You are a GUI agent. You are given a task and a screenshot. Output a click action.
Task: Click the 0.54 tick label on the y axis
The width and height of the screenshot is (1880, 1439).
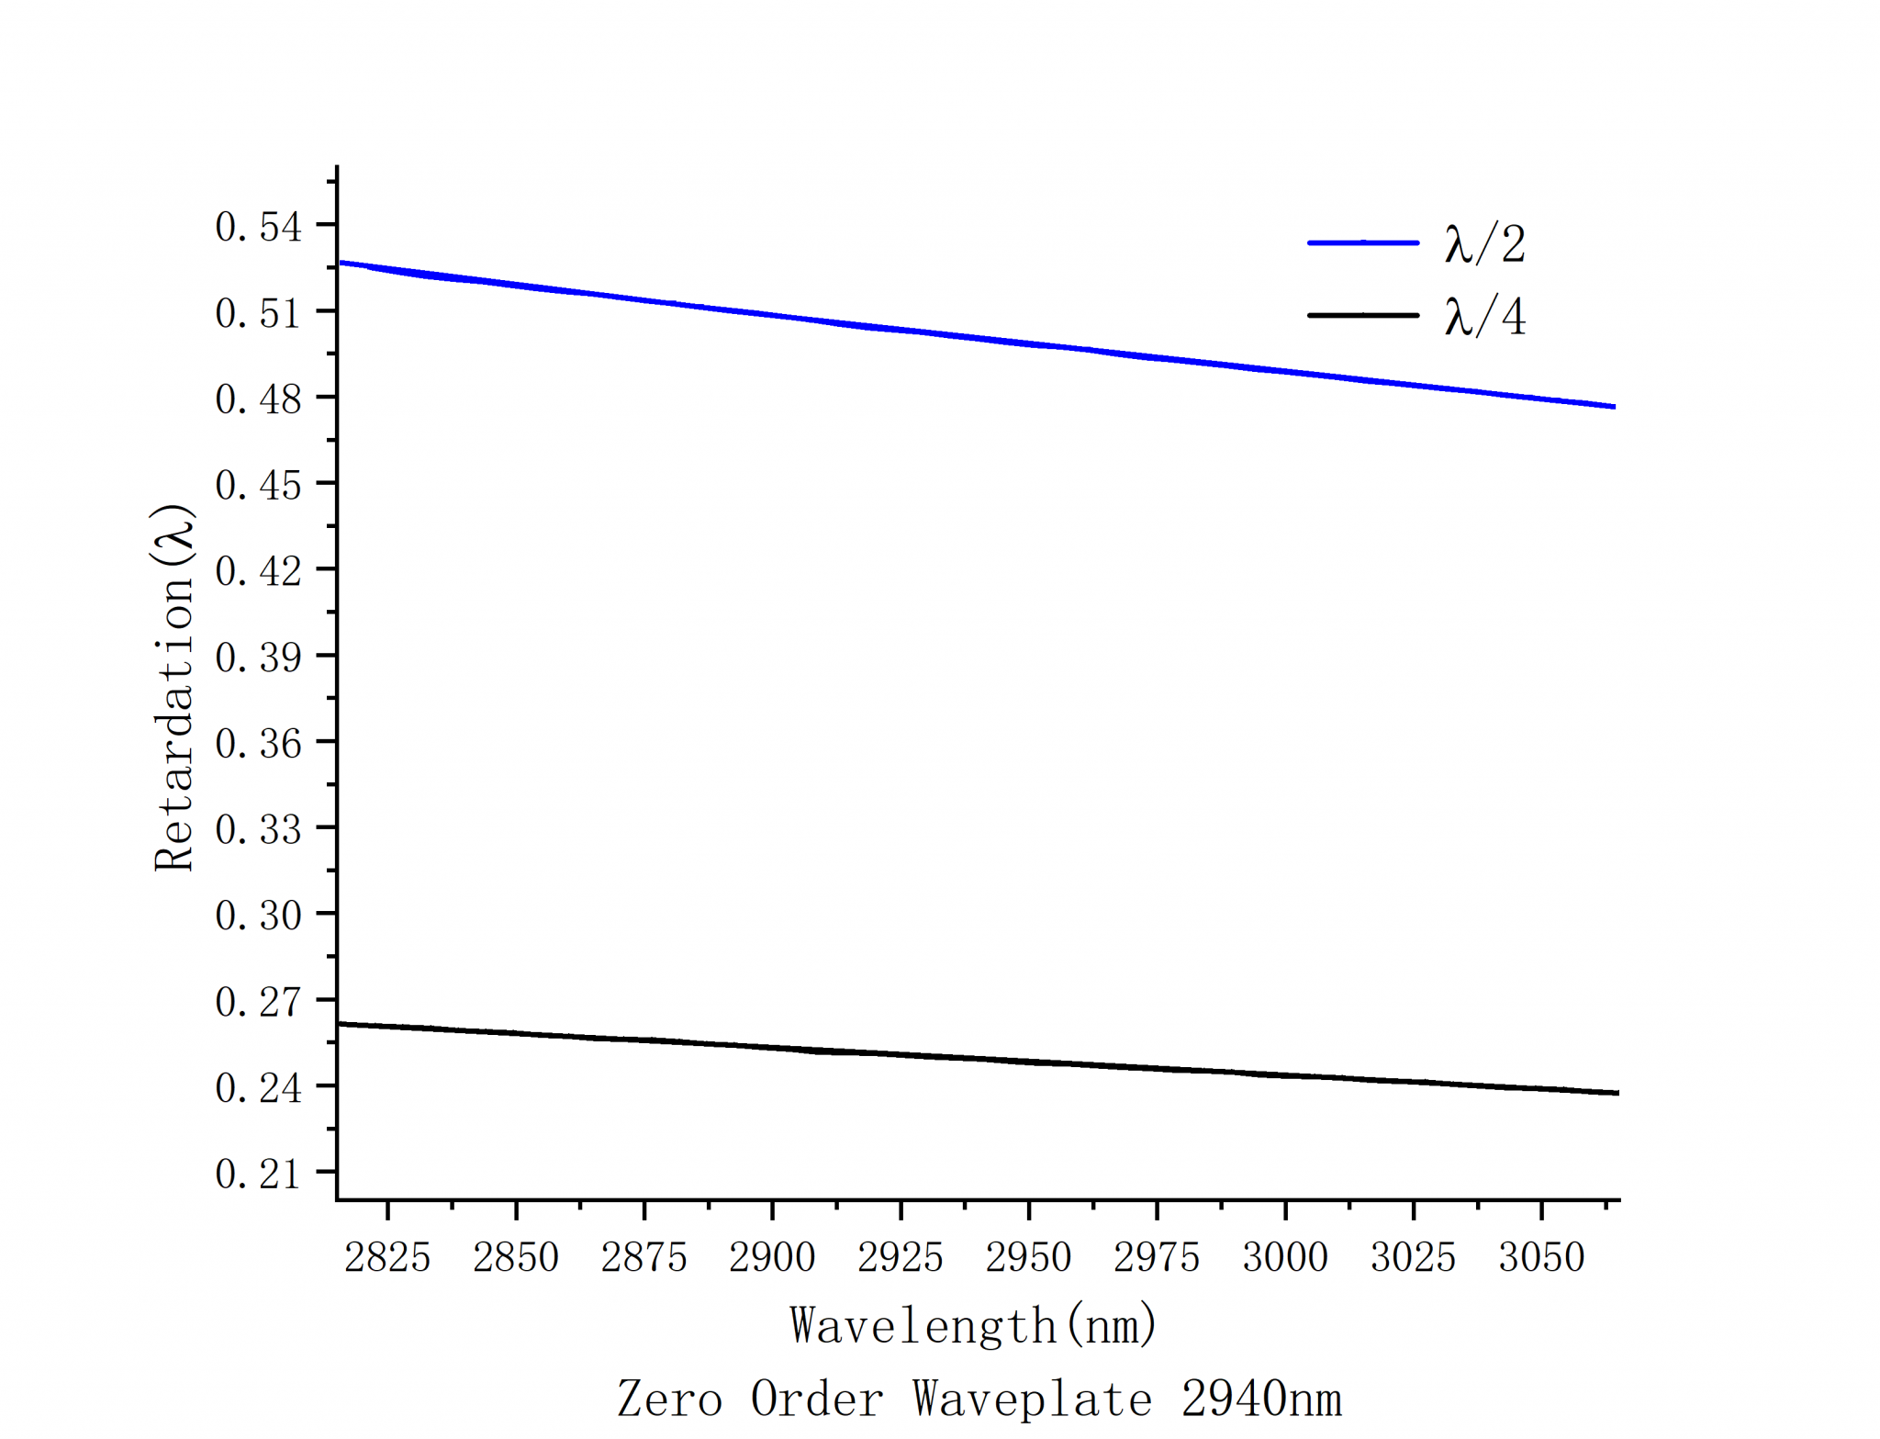coord(258,227)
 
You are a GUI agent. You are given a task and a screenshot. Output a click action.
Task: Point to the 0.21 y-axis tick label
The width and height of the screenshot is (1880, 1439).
coord(258,1174)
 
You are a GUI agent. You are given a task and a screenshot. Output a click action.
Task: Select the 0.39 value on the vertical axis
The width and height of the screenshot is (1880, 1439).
coord(258,658)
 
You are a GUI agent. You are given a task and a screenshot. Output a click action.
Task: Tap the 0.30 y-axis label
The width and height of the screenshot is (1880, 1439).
coord(258,916)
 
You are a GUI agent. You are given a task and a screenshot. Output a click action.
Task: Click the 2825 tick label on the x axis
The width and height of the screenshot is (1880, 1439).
coord(387,1257)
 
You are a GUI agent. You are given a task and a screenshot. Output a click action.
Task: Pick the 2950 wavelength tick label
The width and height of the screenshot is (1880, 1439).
coord(1028,1257)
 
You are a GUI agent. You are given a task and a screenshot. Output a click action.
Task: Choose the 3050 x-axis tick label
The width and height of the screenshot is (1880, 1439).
coord(1541,1257)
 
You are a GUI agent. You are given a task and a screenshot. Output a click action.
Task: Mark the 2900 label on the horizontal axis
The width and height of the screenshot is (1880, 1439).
coord(772,1257)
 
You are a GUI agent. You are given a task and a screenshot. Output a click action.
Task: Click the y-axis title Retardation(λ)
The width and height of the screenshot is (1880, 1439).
coord(173,687)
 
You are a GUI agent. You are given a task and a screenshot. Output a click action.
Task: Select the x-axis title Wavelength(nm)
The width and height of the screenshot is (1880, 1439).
coord(973,1325)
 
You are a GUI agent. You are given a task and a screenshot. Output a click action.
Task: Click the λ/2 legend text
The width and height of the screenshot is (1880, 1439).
coord(1484,244)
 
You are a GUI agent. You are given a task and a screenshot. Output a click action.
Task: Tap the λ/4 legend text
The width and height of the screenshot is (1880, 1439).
coord(1484,317)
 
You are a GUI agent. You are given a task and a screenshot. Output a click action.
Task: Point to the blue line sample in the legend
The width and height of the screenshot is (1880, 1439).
coord(1363,242)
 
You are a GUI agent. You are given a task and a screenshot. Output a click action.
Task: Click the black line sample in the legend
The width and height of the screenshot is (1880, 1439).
coord(1363,315)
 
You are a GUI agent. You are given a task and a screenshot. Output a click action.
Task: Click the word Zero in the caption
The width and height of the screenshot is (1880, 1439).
coord(669,1399)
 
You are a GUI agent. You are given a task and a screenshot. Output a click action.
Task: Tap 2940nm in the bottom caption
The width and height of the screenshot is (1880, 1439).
coord(1261,1399)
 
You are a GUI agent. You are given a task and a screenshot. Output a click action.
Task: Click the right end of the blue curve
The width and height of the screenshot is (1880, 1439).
coord(1615,406)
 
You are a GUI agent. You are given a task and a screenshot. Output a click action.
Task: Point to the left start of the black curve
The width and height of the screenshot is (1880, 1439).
coord(340,1023)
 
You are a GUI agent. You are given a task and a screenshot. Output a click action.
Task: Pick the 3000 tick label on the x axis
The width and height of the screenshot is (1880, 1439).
coord(1285,1257)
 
